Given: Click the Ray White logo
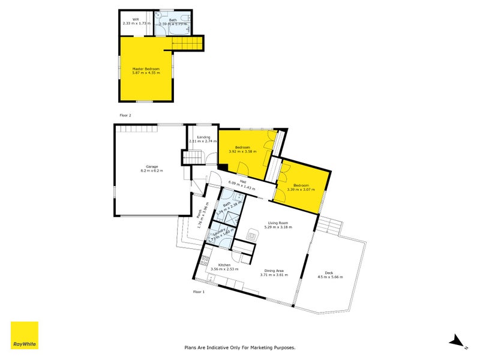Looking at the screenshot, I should pos(25,335).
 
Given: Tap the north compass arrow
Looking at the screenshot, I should pos(458,342).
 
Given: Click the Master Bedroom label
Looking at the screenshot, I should pos(146,69).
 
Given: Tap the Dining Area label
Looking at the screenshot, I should pos(274,271).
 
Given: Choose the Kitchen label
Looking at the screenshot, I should pos(225,265).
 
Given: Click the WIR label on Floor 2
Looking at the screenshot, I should pos(136,19).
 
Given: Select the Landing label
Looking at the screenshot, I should pos(203,137).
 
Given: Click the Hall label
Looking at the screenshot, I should pos(243,181).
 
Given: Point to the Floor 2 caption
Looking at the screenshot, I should pos(125,114).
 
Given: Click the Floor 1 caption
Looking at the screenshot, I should pos(199,292).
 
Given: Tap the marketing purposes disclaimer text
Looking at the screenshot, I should pos(240,347).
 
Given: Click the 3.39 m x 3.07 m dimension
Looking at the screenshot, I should pos(301,190).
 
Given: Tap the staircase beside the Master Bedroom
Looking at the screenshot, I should pos(188,43).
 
